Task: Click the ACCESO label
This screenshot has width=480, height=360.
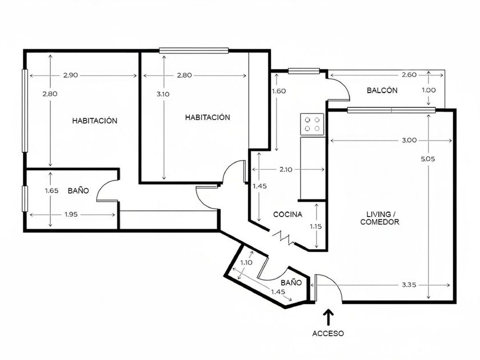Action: (x=328, y=333)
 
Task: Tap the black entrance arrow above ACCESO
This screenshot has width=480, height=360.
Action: (x=328, y=315)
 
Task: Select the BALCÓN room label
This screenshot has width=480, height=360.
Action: (x=382, y=90)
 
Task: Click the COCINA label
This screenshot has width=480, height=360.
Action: (x=287, y=214)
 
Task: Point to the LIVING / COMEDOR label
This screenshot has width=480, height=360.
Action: (x=379, y=218)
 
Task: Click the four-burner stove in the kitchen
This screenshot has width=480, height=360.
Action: (x=313, y=124)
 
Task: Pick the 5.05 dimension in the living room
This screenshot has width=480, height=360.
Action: (x=429, y=159)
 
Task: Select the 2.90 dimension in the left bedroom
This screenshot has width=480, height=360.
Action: (x=71, y=75)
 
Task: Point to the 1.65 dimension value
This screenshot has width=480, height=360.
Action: (x=51, y=190)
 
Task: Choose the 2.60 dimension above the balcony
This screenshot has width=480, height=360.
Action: (x=409, y=74)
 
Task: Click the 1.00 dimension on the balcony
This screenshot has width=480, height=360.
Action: (x=429, y=90)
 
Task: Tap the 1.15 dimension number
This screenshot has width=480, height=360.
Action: (x=316, y=227)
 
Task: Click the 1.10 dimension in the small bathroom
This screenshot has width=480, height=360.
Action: (x=246, y=262)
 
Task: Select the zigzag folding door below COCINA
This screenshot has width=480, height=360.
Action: (x=283, y=237)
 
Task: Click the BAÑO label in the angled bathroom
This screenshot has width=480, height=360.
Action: (x=291, y=282)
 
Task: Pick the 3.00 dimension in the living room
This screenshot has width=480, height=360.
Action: (x=409, y=140)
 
